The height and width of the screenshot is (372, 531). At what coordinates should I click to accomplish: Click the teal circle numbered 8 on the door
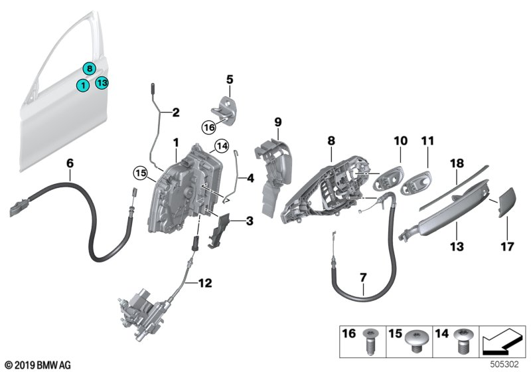[x=89, y=67]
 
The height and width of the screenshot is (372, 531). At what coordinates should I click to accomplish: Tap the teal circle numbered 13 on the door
[x=101, y=82]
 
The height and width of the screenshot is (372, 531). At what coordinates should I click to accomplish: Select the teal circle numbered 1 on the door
[x=82, y=85]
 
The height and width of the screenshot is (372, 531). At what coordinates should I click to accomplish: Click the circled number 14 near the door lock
[x=221, y=146]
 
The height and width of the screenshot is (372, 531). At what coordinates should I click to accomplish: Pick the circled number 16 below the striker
[x=208, y=125]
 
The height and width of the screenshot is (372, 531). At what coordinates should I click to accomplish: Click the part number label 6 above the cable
[x=70, y=162]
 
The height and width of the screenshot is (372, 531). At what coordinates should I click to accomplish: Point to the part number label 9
[x=278, y=122]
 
